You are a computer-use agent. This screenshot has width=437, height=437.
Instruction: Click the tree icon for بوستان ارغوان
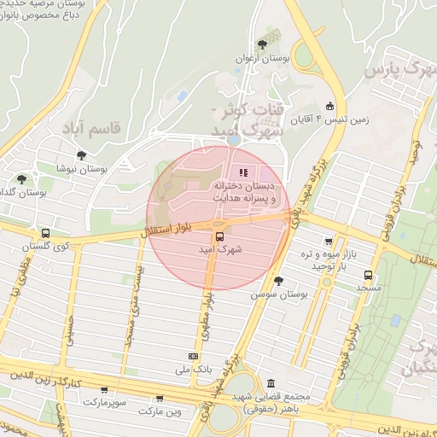(x=262, y=44)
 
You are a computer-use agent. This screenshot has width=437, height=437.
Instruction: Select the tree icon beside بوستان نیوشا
(x=81, y=155)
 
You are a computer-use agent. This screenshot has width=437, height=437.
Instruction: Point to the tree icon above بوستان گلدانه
(x=21, y=179)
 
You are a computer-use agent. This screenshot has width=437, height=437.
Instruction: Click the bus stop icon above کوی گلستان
(x=44, y=233)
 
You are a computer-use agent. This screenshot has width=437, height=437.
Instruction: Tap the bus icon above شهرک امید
(x=219, y=236)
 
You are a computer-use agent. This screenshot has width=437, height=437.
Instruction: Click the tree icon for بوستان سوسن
(x=277, y=280)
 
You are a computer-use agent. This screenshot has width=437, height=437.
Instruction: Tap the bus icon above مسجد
(x=369, y=275)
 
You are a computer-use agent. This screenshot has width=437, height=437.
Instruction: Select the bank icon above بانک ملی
(x=193, y=356)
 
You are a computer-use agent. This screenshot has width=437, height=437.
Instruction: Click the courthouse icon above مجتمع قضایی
(x=271, y=383)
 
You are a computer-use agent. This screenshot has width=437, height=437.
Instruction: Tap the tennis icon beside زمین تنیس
(x=330, y=107)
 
